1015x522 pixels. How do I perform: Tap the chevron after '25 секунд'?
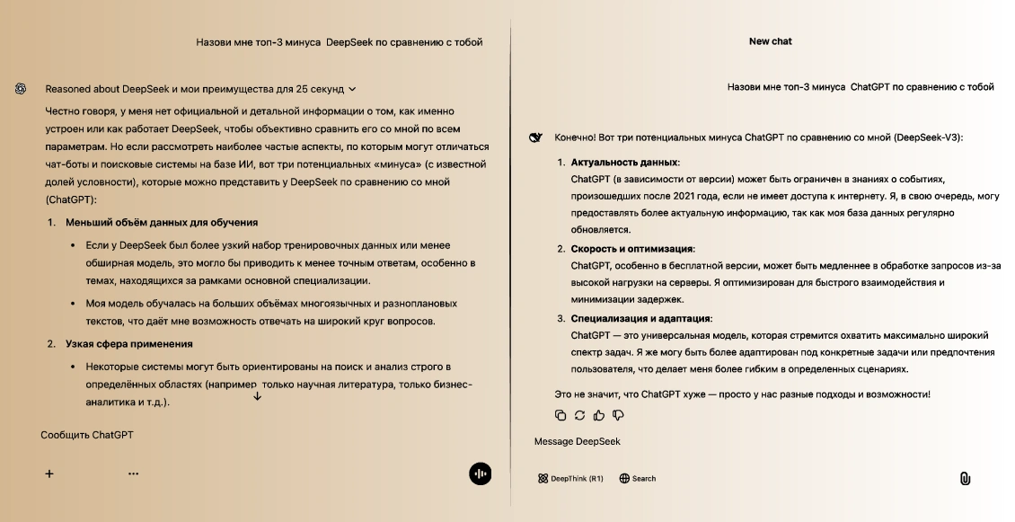pos(352,90)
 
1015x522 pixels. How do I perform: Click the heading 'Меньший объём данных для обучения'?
pos(162,222)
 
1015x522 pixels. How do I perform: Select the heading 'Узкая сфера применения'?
pos(128,344)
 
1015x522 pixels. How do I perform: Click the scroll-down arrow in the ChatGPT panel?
pos(257,396)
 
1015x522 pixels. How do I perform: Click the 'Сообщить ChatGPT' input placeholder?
pos(87,435)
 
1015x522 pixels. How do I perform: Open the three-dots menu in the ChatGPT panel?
pos(133,473)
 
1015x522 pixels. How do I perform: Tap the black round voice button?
pos(480,474)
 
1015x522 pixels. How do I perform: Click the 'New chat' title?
pos(770,41)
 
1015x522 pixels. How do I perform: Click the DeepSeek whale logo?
pos(536,137)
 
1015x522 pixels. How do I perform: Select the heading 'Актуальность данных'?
pos(624,163)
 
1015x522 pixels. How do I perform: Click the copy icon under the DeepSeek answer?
pos(560,415)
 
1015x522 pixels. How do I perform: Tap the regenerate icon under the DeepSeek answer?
pos(579,415)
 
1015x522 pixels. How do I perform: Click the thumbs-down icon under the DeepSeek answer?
pos(618,415)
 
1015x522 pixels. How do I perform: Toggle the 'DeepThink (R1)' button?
pos(570,479)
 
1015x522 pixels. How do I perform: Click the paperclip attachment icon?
pos(965,479)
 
